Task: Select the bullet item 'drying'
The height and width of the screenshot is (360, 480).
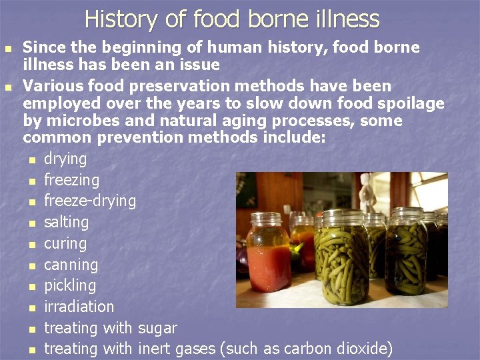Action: point(65,159)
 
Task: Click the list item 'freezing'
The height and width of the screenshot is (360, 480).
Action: point(71,180)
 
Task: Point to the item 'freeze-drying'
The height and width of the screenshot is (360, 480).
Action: point(89,201)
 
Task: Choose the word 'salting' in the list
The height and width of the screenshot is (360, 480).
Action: point(66,222)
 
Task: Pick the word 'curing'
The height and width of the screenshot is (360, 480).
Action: point(65,243)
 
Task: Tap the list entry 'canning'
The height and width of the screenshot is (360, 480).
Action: point(71,265)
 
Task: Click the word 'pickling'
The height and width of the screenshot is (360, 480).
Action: point(69,286)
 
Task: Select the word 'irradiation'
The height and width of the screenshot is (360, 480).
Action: point(79,307)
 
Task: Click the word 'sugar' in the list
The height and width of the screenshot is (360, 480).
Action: point(157,328)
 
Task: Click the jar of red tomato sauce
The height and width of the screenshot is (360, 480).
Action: point(268,257)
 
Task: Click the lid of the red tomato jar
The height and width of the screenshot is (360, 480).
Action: point(268,219)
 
